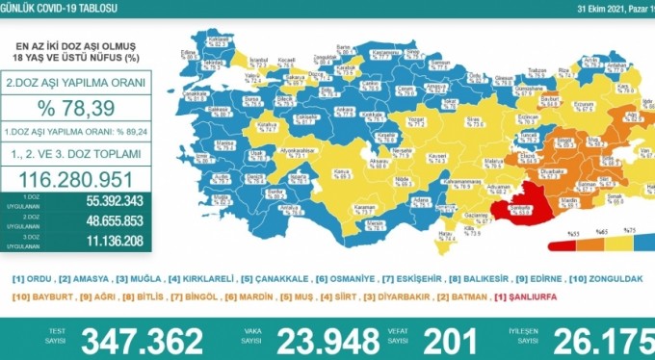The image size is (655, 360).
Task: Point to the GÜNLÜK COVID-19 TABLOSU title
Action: pyautogui.click(x=58, y=8)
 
